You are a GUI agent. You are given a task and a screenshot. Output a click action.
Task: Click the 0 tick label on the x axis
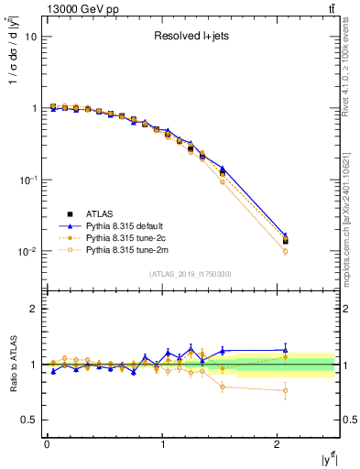point(47,443)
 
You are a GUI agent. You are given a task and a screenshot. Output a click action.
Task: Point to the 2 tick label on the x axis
point(278,443)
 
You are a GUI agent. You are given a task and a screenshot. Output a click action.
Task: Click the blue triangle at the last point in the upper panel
point(285,235)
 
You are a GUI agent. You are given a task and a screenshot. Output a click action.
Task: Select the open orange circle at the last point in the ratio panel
point(285,390)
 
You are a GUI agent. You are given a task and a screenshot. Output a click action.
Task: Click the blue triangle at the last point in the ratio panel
point(285,349)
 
